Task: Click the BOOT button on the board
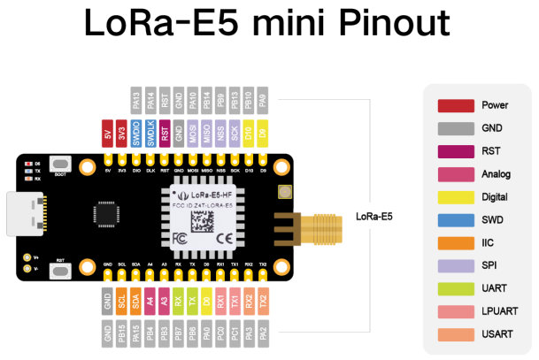[61, 165]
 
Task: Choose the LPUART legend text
[500, 311]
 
